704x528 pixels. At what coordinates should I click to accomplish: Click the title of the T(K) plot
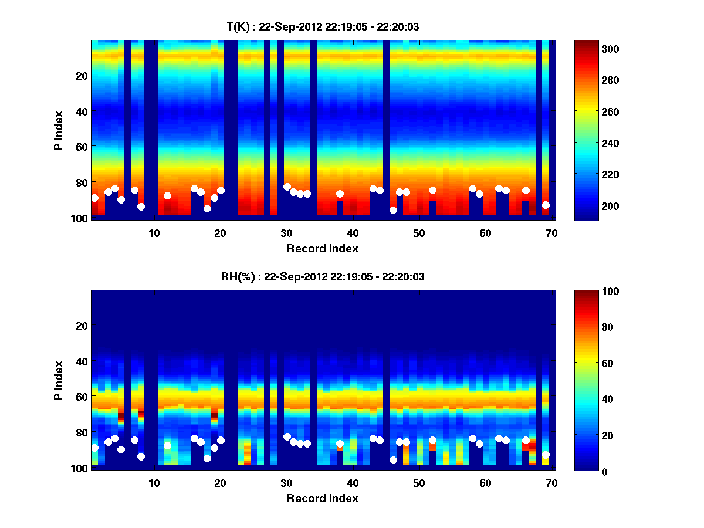pyautogui.click(x=323, y=26)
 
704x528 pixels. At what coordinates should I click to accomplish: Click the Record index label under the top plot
pyautogui.click(x=322, y=248)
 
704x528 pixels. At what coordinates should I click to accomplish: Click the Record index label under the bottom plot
pyautogui.click(x=322, y=498)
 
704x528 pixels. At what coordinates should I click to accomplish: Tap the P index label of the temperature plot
pyautogui.click(x=59, y=130)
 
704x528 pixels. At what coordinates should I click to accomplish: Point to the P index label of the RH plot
pyautogui.click(x=59, y=380)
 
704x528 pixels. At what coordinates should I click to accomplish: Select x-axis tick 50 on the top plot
pyautogui.click(x=419, y=233)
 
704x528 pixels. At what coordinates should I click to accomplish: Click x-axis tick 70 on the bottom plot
pyautogui.click(x=551, y=483)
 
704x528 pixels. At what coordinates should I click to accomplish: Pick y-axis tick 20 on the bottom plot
pyautogui.click(x=82, y=326)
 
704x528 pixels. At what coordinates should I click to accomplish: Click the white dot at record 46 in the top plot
pyautogui.click(x=393, y=210)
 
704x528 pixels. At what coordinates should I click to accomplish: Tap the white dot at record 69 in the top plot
pyautogui.click(x=546, y=205)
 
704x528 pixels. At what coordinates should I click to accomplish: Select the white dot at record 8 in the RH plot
pyautogui.click(x=141, y=456)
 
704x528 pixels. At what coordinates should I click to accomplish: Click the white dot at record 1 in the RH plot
pyautogui.click(x=95, y=448)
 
